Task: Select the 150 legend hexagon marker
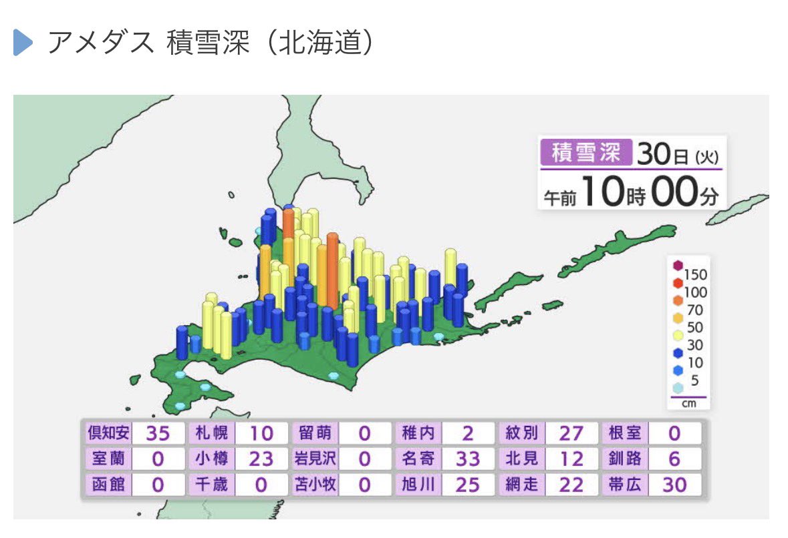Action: [678, 265]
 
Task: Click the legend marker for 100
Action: [678, 283]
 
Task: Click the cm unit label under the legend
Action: [688, 404]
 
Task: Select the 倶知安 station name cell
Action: [108, 433]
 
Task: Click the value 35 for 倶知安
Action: [158, 434]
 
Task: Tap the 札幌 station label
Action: [211, 433]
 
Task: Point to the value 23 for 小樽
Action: [261, 459]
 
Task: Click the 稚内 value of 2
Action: [467, 434]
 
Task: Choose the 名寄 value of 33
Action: [467, 459]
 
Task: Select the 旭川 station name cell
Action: [418, 484]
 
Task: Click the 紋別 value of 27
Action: [571, 434]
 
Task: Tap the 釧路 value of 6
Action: [674, 459]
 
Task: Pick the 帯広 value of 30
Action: [674, 485]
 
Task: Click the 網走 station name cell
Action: [521, 484]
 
